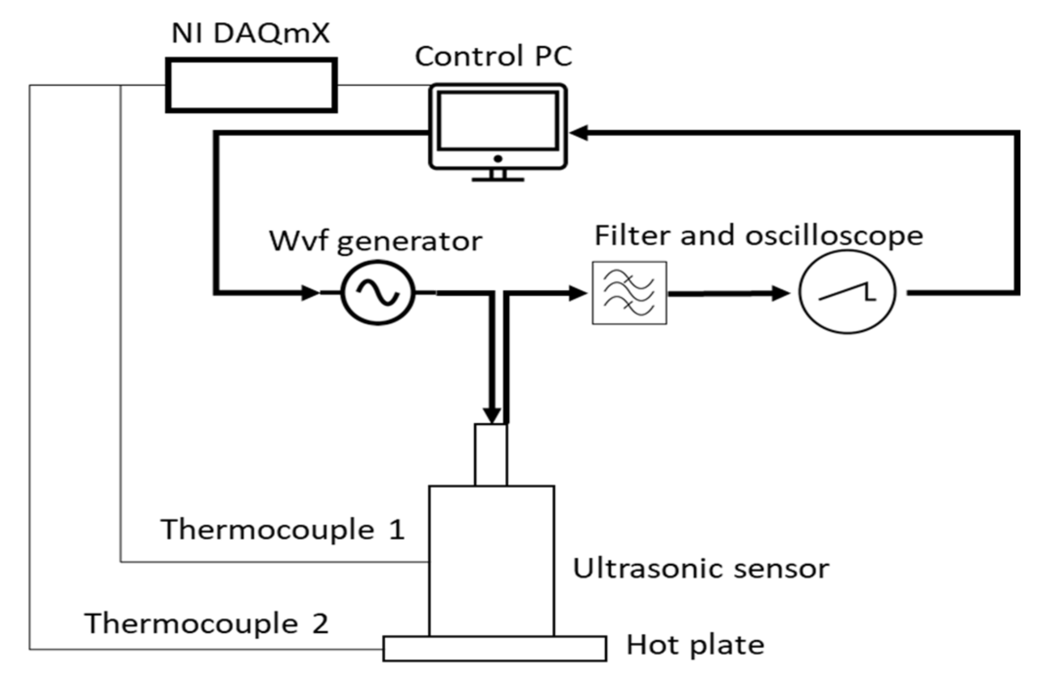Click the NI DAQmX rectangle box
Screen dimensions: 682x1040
(x=251, y=85)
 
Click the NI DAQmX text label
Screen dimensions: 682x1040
(x=251, y=34)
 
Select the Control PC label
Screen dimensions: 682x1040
(x=493, y=56)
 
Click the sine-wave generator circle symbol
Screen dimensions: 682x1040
(x=378, y=293)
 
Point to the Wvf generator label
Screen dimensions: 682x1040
(x=375, y=241)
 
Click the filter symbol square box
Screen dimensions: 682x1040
(x=629, y=293)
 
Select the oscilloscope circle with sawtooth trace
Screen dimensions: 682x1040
(x=847, y=292)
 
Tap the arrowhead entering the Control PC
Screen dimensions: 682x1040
(x=579, y=132)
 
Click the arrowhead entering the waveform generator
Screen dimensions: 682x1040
(x=310, y=293)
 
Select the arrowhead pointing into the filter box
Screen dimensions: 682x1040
(x=578, y=293)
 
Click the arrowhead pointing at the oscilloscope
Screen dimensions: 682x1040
(x=780, y=293)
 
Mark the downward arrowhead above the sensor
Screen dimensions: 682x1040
(x=492, y=415)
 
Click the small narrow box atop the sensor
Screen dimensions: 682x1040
(x=491, y=455)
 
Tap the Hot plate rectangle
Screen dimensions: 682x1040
(x=495, y=649)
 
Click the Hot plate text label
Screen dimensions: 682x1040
(x=695, y=645)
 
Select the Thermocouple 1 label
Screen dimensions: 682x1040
(x=282, y=530)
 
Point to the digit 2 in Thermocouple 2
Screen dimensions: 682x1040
(x=320, y=624)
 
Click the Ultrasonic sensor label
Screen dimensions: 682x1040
(x=701, y=569)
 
